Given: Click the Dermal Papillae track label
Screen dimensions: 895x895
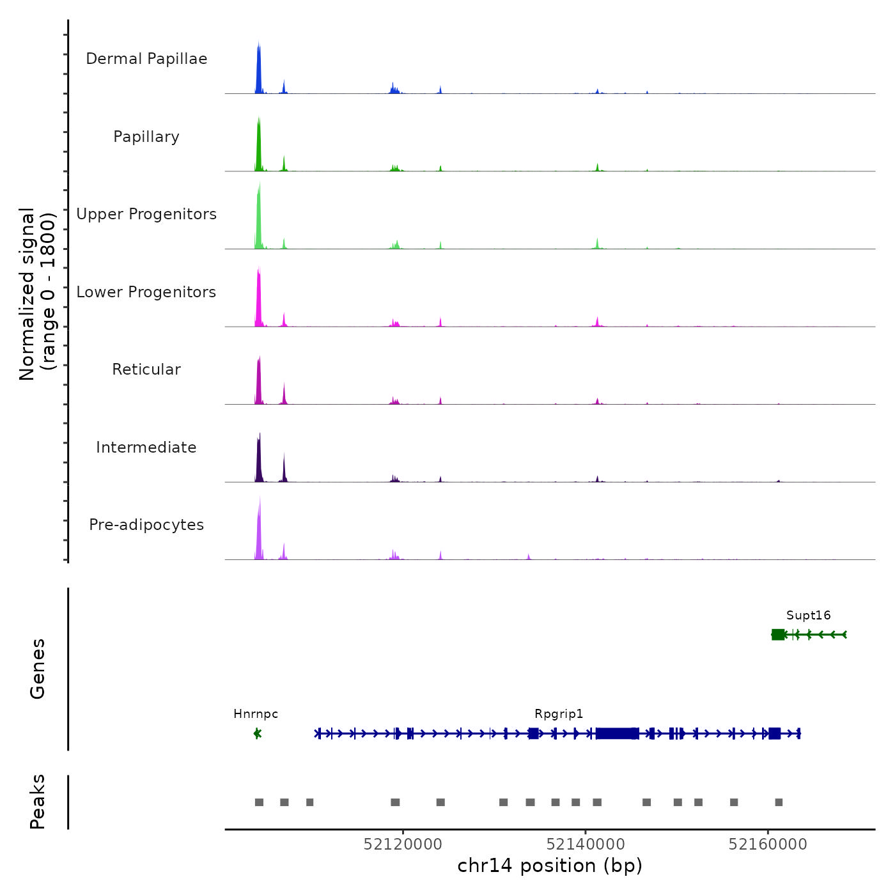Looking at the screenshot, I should tap(146, 59).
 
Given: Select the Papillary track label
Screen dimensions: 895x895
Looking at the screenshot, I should tap(146, 137).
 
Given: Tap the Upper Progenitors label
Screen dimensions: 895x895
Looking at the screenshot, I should tap(146, 214).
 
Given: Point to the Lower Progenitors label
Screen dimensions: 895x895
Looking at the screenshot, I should tap(146, 292).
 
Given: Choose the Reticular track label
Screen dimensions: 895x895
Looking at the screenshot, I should tap(146, 370).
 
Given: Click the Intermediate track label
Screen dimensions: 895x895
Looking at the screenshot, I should tap(146, 447).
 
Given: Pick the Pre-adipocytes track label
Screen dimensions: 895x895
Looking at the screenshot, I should tap(146, 525).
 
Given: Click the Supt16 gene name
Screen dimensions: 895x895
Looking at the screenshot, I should tap(808, 616).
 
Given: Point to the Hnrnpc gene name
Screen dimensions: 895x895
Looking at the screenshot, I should tap(256, 714).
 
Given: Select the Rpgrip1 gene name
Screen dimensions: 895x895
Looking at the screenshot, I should tap(559, 714).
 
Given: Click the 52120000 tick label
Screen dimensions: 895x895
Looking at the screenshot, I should tap(403, 844).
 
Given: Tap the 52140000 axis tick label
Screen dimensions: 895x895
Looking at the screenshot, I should tap(586, 844).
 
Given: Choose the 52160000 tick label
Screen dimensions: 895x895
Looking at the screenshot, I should tap(768, 844).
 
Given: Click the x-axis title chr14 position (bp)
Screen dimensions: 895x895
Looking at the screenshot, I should tap(550, 866).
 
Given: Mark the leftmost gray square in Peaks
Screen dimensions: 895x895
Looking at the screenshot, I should tap(259, 802).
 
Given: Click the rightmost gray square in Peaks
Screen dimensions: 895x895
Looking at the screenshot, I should tap(779, 802).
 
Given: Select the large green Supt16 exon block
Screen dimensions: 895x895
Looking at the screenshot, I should tap(778, 634).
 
